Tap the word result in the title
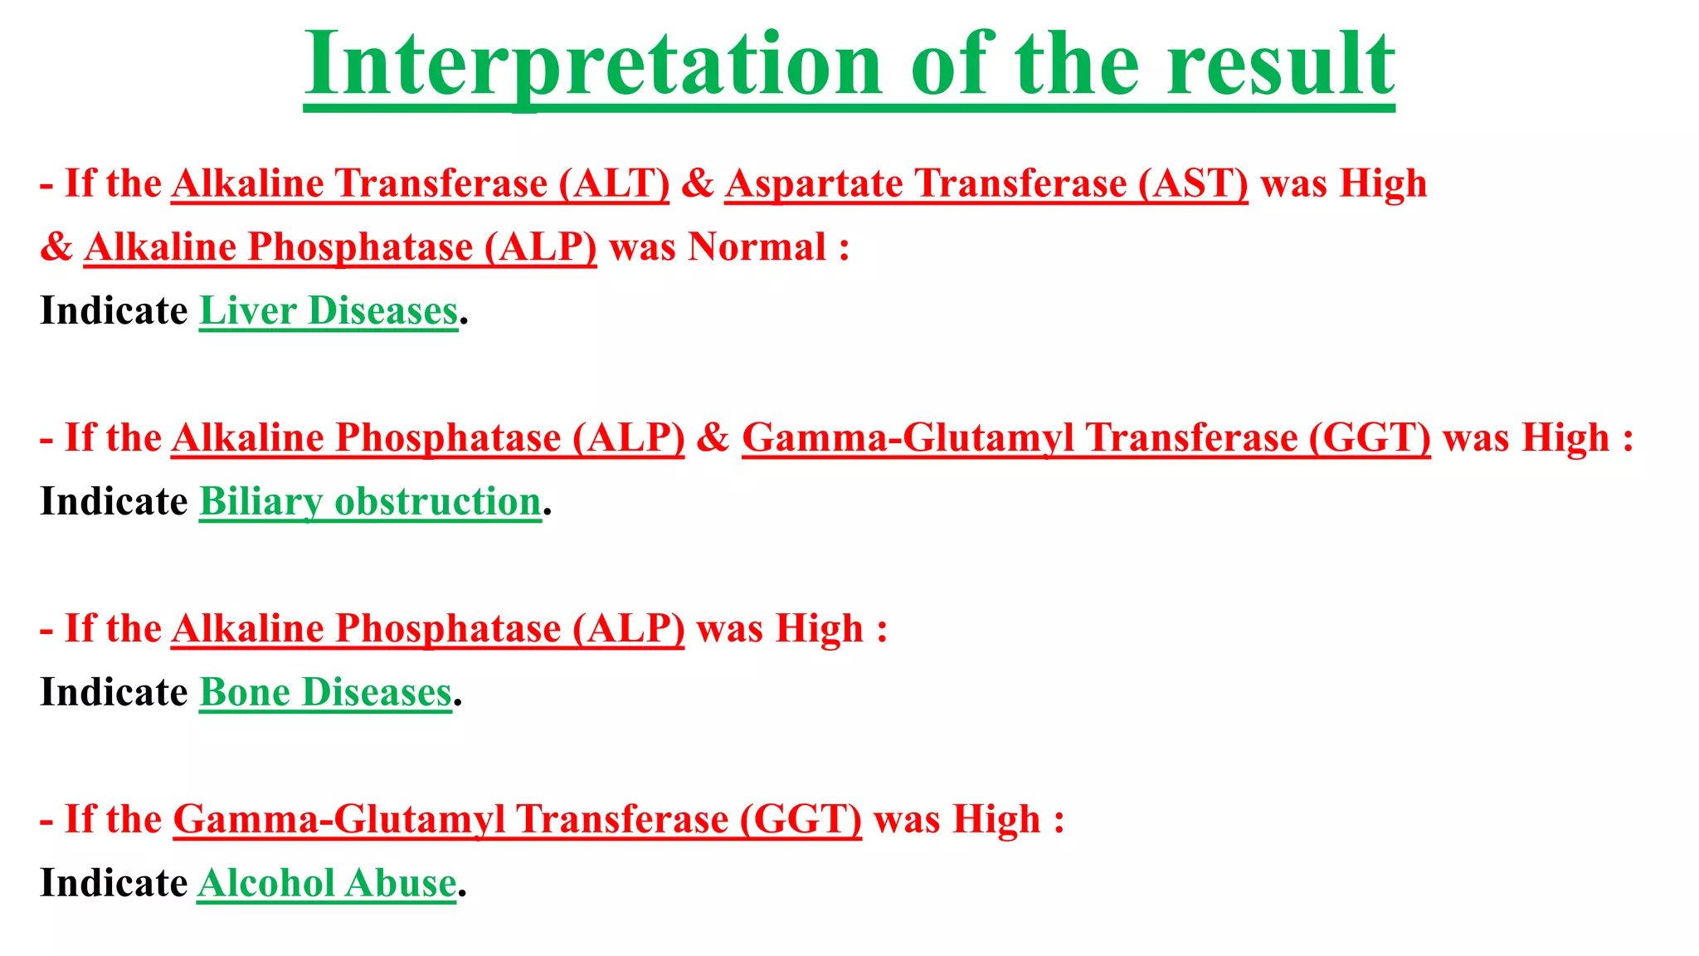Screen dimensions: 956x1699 click(1280, 65)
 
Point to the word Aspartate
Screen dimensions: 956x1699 click(814, 184)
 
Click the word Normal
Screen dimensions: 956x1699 click(757, 247)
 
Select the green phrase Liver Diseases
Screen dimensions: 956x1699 click(329, 311)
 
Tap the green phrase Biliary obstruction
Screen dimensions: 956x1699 click(371, 502)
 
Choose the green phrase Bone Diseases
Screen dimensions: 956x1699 click(326, 693)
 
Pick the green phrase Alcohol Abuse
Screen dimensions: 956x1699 click(327, 884)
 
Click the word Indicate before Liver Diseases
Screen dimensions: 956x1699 click(114, 311)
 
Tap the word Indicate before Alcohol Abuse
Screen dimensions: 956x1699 click(114, 884)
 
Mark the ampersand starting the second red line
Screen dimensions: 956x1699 click(56, 247)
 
